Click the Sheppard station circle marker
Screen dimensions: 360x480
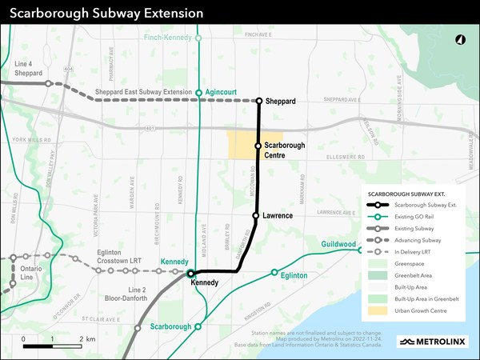click(x=258, y=101)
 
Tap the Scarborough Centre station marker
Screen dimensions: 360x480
click(x=258, y=146)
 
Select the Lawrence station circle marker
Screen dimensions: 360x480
click(x=255, y=216)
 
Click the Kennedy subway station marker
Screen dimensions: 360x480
click(x=190, y=274)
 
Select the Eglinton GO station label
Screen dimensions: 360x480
click(x=295, y=274)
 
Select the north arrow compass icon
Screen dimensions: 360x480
click(x=461, y=40)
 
